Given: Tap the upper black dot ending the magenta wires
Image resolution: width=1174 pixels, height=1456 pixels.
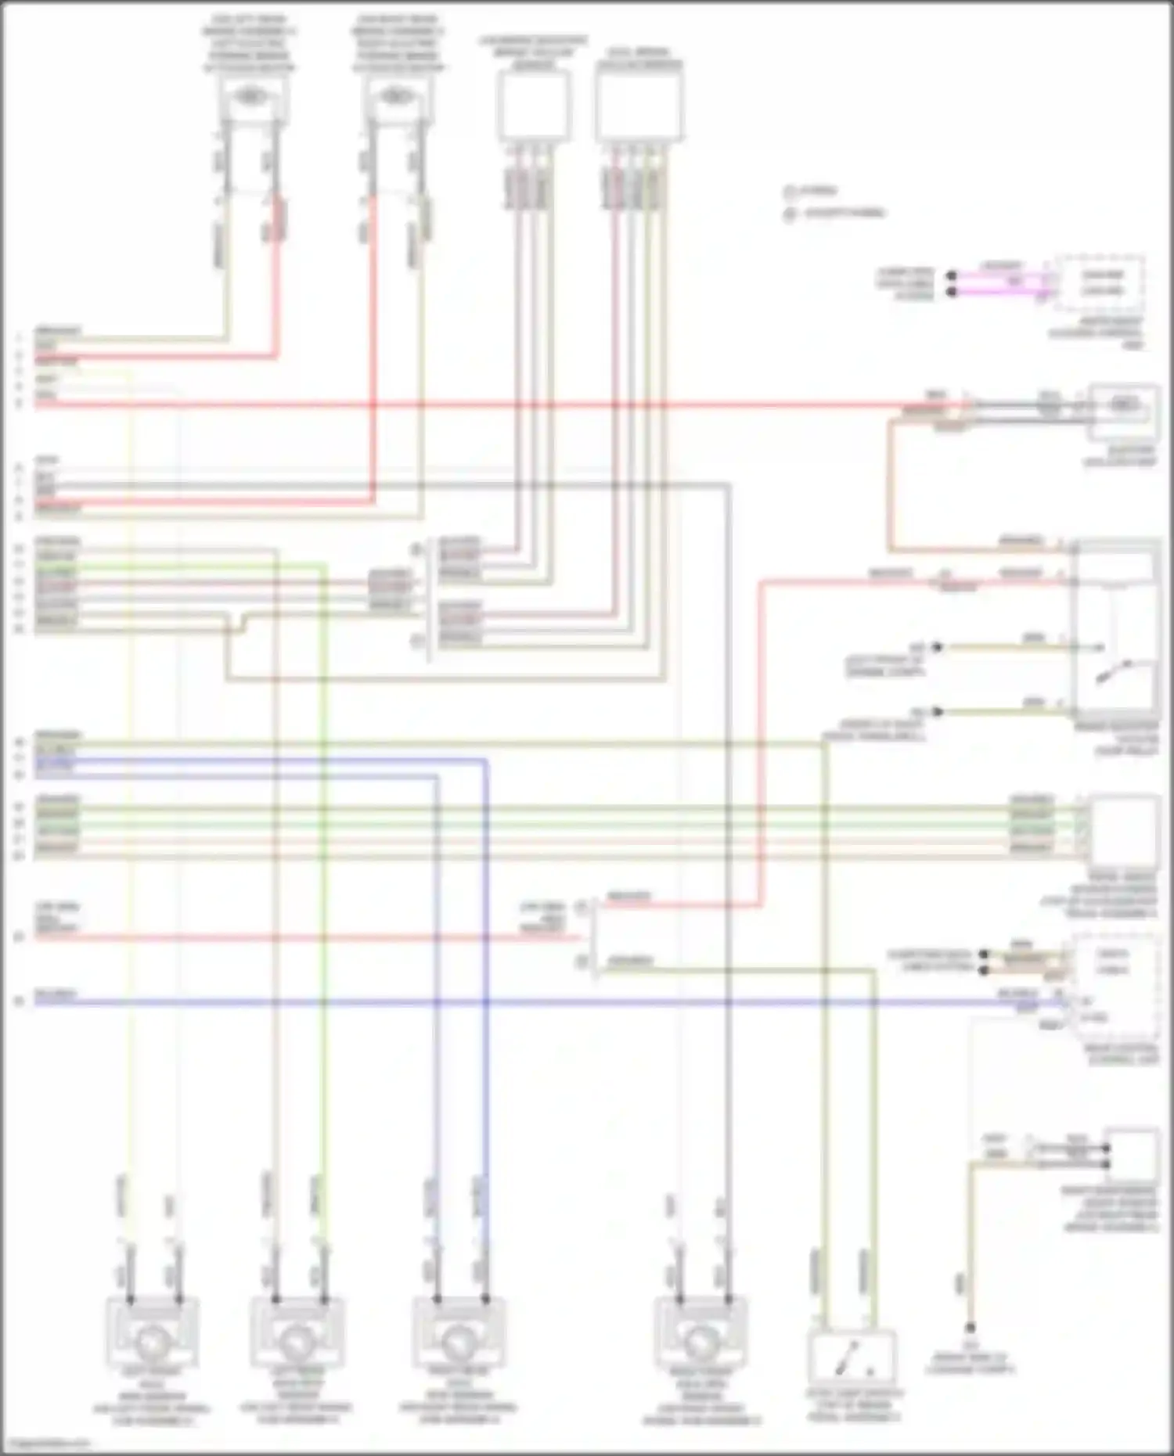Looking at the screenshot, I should click(952, 276).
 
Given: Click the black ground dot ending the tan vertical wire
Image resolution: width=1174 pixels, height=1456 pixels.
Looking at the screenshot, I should click(970, 1328).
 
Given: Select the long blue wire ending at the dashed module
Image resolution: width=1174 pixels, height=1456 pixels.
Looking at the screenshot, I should click(548, 1001).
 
